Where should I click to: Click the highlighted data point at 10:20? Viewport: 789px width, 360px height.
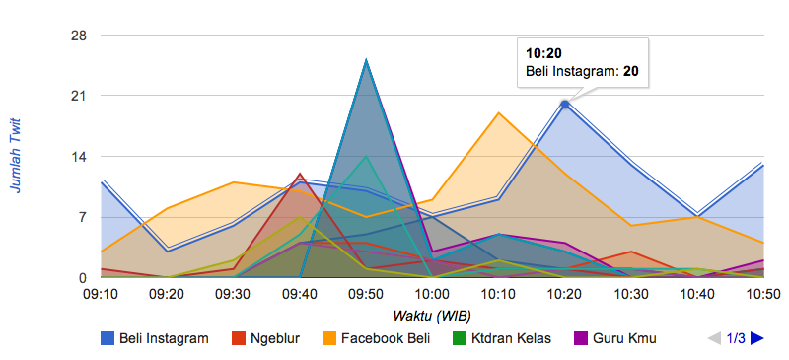(565, 105)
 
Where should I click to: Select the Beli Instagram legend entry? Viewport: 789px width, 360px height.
(155, 338)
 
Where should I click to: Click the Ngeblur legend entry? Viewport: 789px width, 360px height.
(265, 338)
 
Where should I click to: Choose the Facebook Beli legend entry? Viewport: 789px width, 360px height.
(377, 338)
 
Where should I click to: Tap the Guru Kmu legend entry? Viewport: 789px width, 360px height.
(614, 338)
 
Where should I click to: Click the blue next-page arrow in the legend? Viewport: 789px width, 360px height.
(756, 338)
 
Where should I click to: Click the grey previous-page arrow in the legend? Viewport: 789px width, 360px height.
(714, 338)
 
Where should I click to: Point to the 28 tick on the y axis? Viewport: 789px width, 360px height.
(79, 36)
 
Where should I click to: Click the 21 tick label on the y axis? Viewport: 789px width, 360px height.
(79, 96)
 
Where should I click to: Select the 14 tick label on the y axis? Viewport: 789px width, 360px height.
(79, 157)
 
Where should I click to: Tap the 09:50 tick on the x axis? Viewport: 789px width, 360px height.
(366, 294)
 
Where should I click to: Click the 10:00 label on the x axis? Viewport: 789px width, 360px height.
(433, 294)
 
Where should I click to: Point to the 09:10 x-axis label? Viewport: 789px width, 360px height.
(102, 294)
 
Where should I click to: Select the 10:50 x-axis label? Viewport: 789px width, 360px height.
(763, 294)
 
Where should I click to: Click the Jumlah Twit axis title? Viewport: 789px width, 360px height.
(16, 157)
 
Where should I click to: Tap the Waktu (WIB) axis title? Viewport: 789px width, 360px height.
(432, 317)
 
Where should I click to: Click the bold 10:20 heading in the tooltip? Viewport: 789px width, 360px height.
(543, 53)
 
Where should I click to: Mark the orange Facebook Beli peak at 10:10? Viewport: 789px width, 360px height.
(499, 112)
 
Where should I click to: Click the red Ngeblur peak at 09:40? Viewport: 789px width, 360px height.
(300, 174)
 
